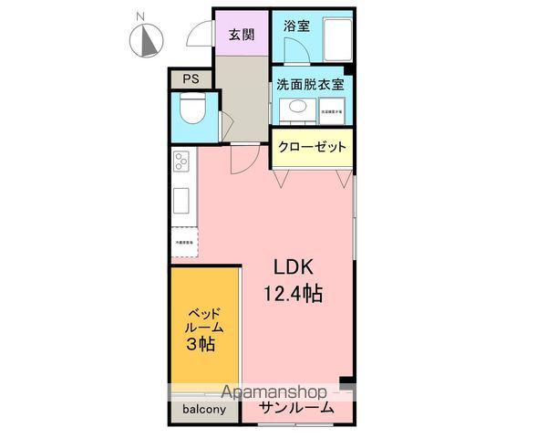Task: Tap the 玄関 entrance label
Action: point(242,35)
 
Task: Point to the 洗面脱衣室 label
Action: point(310,85)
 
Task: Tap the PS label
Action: point(190,79)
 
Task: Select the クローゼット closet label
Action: point(311,147)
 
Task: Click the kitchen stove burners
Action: point(181,164)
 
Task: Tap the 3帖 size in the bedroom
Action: point(201,344)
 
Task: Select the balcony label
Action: point(201,410)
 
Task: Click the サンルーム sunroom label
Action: point(295,409)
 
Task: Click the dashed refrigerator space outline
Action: point(182,241)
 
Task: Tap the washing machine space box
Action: point(330,111)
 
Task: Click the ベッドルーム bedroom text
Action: point(201,319)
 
